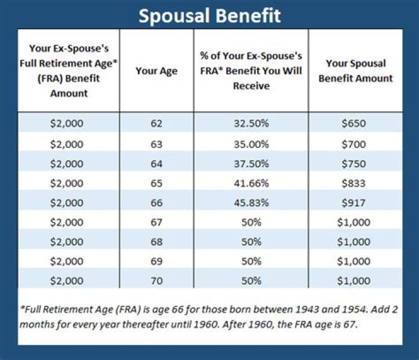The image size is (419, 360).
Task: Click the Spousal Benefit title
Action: pos(210,15)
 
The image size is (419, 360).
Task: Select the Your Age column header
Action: pos(156,71)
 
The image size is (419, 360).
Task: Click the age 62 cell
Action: pos(156,123)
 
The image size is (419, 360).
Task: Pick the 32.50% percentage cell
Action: pos(251,123)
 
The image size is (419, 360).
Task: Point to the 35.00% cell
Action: pos(251,143)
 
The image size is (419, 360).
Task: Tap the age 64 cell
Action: pos(156,163)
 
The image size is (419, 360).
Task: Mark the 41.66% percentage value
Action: pos(251,183)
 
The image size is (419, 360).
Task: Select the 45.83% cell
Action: pos(251,203)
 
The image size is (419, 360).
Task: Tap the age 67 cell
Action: pos(156,223)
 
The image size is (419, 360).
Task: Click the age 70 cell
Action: pos(156,281)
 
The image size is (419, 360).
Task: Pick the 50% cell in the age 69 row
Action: pos(251,262)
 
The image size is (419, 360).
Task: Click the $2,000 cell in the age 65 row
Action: pos(68,183)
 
